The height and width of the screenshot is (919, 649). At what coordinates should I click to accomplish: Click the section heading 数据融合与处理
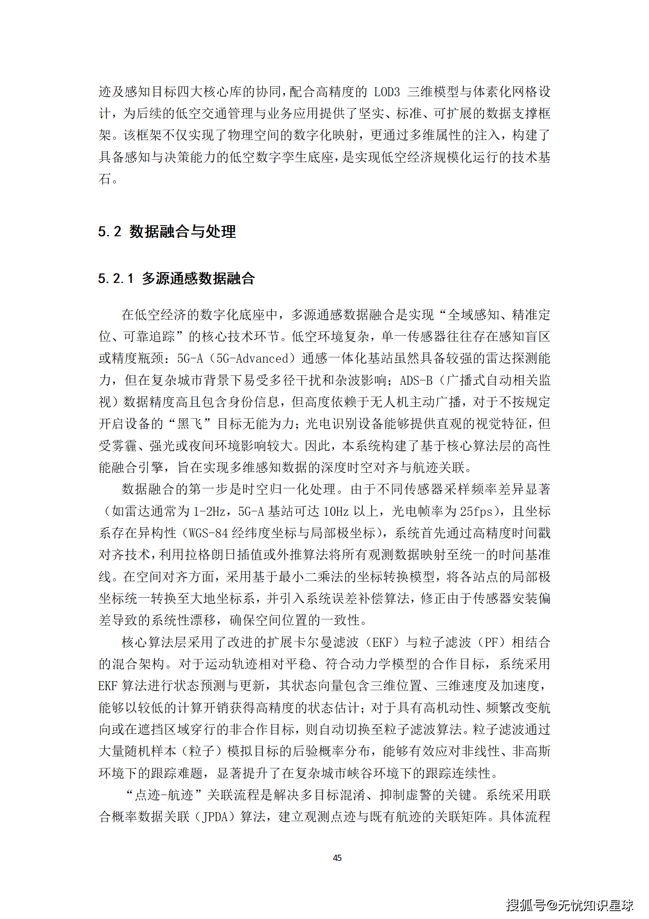pos(182,232)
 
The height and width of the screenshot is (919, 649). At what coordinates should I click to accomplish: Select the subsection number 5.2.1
pos(116,279)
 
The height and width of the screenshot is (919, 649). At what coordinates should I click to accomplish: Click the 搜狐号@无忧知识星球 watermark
pos(569,904)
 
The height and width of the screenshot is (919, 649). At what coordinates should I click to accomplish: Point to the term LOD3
pos(386,92)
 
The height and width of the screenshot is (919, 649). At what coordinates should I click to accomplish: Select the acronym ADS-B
pos(416,380)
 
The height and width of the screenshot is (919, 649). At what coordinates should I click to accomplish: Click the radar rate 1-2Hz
pos(209,511)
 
